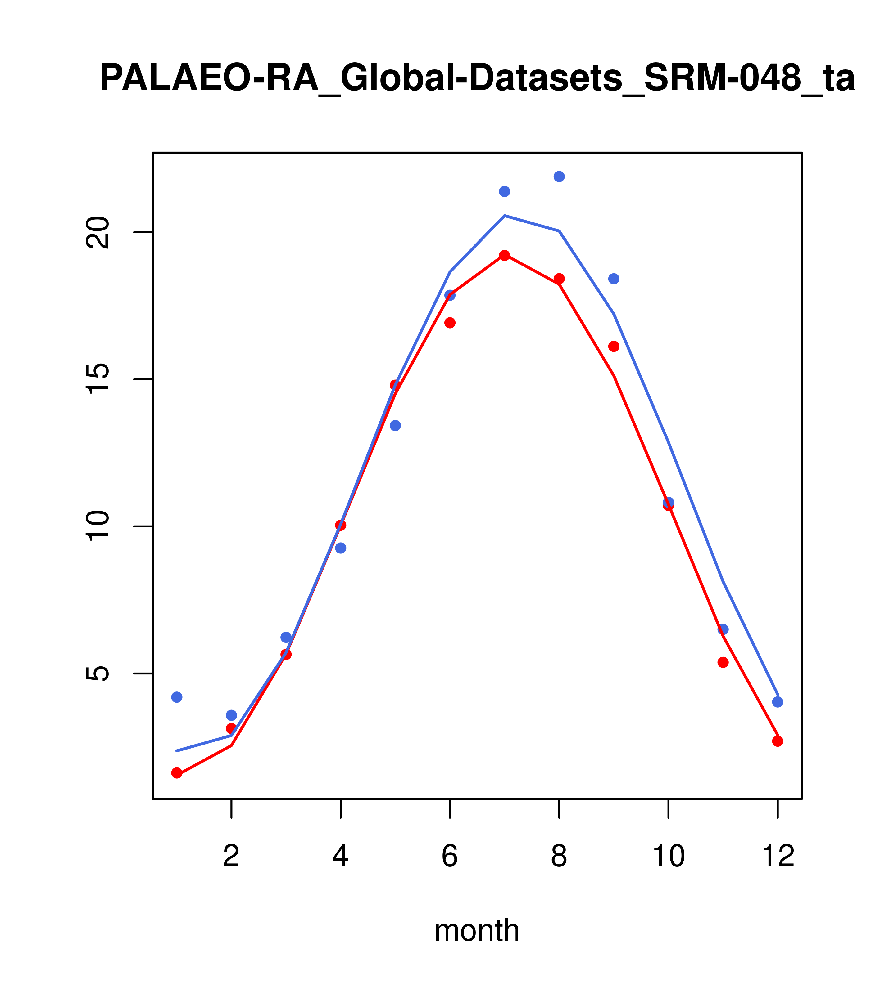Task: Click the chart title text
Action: pos(477,78)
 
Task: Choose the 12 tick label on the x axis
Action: pos(778,857)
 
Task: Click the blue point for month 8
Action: pos(559,177)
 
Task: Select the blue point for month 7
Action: pos(504,192)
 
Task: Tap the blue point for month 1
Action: pos(177,697)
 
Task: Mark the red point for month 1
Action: pos(177,773)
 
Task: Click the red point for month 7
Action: pos(504,256)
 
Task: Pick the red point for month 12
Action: pos(778,741)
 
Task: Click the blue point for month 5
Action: pos(395,426)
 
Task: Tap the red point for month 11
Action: pos(723,662)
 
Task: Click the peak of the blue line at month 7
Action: pos(504,216)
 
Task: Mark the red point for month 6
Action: pos(450,323)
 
